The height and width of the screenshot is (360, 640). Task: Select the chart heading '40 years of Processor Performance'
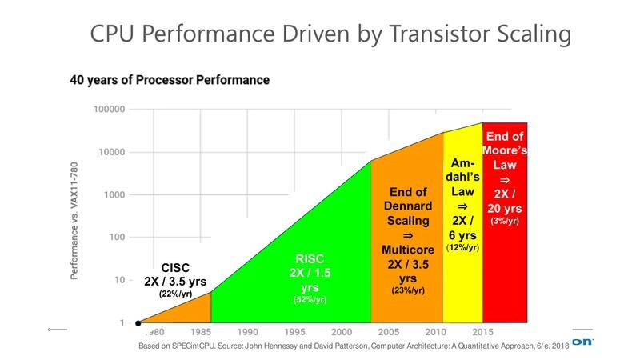pos(169,80)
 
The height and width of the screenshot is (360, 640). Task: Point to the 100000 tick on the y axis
pos(108,109)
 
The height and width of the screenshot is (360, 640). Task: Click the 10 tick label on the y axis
pos(118,280)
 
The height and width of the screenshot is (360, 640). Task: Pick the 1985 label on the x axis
pos(200,331)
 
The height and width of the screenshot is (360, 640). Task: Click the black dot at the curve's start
pos(138,323)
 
